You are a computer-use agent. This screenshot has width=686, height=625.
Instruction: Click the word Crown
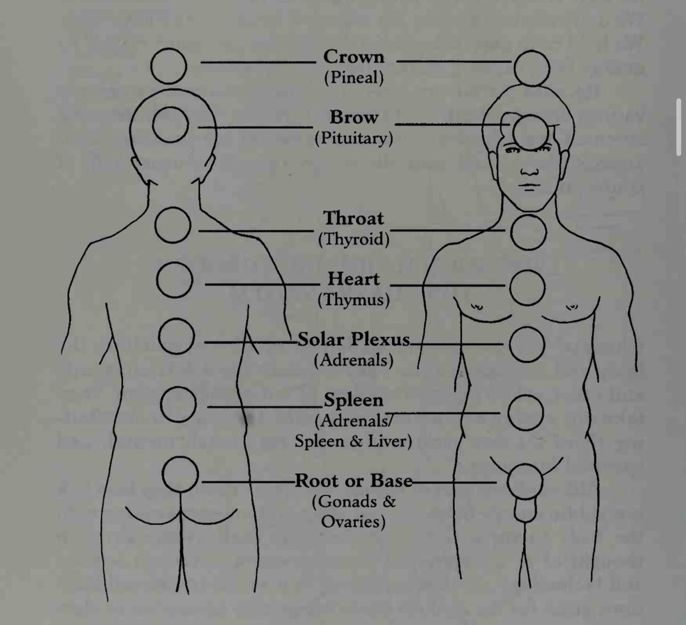pyautogui.click(x=353, y=57)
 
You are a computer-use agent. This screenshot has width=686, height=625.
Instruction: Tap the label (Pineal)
pyautogui.click(x=353, y=78)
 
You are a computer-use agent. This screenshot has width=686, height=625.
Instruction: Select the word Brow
pyautogui.click(x=354, y=117)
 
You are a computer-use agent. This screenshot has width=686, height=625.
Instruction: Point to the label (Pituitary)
pyautogui.click(x=354, y=139)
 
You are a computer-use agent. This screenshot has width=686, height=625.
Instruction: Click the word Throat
pyautogui.click(x=353, y=218)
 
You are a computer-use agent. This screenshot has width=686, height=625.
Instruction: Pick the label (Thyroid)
pyautogui.click(x=353, y=239)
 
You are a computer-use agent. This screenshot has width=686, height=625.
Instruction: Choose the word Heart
pyautogui.click(x=353, y=279)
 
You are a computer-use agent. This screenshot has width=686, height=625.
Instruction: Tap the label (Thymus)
pyautogui.click(x=353, y=300)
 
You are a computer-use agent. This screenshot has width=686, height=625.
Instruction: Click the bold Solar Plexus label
pyautogui.click(x=353, y=340)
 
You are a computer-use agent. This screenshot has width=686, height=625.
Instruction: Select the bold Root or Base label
pyautogui.click(x=353, y=481)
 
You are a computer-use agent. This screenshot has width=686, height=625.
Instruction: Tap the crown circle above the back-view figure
pyautogui.click(x=168, y=65)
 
